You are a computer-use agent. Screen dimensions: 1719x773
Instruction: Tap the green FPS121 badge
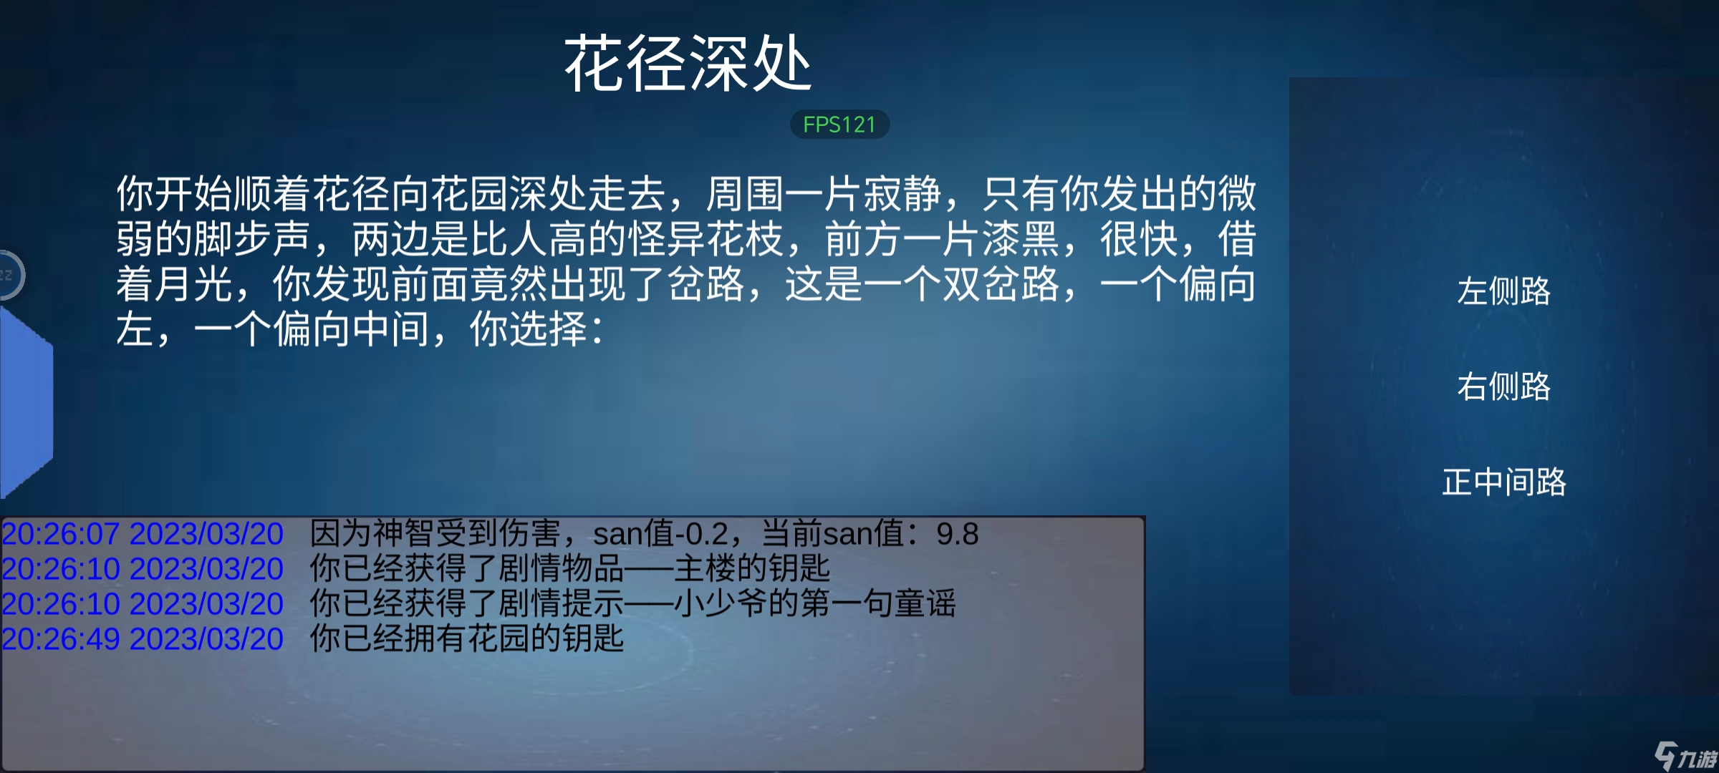(x=839, y=125)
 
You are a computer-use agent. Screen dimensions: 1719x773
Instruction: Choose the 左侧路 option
(x=1503, y=291)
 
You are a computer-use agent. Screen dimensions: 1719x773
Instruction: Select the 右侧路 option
(x=1503, y=386)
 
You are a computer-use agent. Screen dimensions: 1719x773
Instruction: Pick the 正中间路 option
(x=1503, y=482)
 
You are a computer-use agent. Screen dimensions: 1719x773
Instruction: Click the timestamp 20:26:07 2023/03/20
(x=143, y=534)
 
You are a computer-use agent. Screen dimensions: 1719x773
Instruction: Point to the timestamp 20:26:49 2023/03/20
(x=143, y=638)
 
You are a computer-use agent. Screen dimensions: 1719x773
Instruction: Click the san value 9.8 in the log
(x=958, y=534)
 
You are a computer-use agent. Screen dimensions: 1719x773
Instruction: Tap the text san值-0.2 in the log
(x=661, y=534)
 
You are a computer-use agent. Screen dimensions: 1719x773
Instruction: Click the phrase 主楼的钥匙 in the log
(x=752, y=569)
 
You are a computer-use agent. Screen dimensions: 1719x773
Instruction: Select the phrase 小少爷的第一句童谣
(x=815, y=603)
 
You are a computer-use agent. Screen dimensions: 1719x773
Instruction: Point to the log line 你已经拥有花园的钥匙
(x=467, y=638)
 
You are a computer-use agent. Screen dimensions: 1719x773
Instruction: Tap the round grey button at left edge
(x=10, y=275)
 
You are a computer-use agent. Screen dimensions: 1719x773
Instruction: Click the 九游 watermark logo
(x=1685, y=756)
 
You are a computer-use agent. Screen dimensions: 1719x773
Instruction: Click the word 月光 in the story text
(x=193, y=284)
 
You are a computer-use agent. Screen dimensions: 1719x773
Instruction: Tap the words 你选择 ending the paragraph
(x=529, y=329)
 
